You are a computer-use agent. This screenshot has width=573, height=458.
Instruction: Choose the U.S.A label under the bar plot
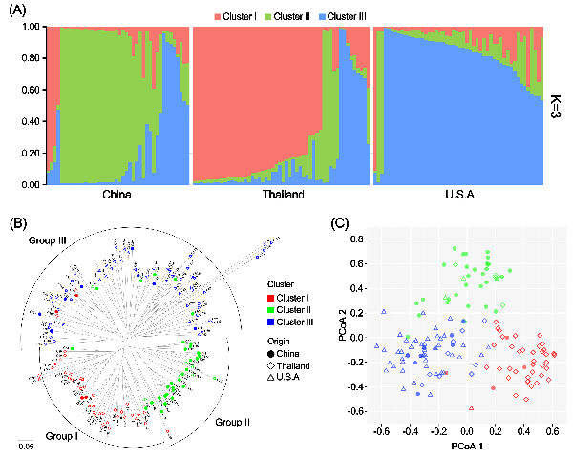point(457,196)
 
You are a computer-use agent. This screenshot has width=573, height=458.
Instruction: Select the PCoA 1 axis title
point(468,445)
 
